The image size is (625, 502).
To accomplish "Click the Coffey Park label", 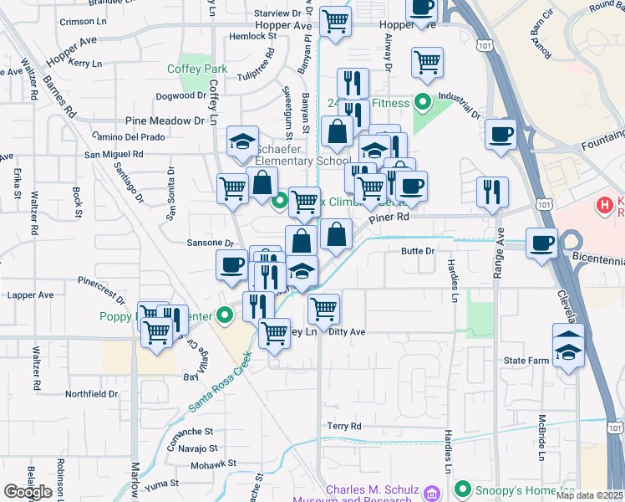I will point(197,69).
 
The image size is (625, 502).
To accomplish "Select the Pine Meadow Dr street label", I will point(165,120).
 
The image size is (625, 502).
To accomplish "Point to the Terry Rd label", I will point(344,426).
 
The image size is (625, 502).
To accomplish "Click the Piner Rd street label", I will point(390,217).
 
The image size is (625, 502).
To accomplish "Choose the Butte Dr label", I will point(419,250).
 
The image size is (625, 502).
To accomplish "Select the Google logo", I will point(28,491).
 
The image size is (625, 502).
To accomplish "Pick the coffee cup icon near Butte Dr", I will point(541,243).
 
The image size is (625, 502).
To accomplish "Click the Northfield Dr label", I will point(92,393).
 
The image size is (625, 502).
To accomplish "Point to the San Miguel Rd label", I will point(114,154).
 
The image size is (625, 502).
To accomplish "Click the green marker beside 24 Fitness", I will point(422,103).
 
